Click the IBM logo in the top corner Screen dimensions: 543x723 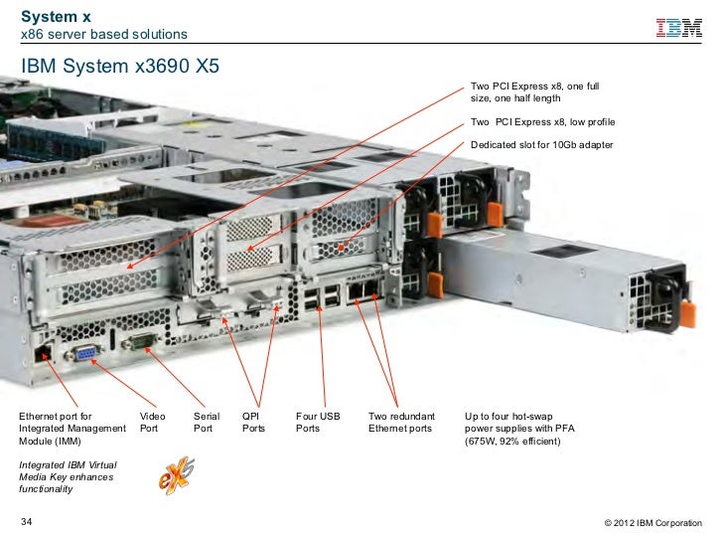(x=679, y=28)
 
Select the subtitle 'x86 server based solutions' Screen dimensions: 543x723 (x=104, y=35)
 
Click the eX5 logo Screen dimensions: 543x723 (x=175, y=474)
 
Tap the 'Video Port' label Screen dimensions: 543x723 (x=152, y=422)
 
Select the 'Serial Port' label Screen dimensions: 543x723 (x=206, y=422)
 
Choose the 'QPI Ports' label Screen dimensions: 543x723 (x=254, y=422)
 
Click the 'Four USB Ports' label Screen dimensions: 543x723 (x=318, y=422)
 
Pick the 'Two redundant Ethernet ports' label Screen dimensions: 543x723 (x=400, y=422)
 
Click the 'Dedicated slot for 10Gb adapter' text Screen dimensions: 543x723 (x=542, y=145)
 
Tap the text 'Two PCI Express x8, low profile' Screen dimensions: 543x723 (x=542, y=121)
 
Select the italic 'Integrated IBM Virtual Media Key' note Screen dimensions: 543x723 (x=67, y=477)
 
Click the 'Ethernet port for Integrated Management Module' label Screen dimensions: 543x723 (x=72, y=428)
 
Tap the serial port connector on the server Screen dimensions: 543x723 (x=141, y=343)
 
